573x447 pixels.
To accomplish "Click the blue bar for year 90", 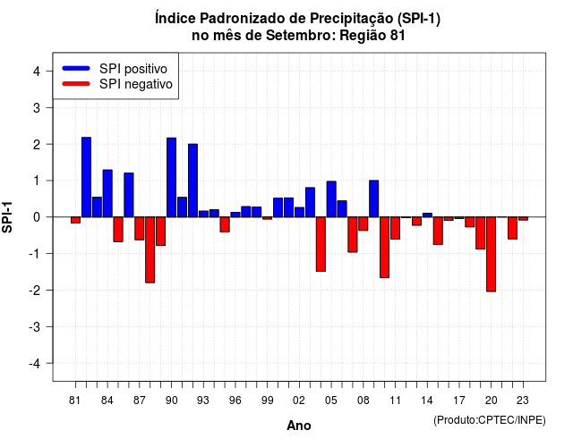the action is (171, 177).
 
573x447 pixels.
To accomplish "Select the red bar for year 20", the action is (492, 254).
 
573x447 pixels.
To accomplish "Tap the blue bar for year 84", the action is (107, 193).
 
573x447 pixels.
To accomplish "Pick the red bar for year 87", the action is (140, 229).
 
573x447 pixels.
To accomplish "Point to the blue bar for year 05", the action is (331, 199).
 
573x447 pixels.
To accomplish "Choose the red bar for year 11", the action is (396, 228).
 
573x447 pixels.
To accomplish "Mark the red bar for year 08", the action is (363, 223).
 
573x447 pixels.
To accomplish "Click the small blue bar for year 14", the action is (427, 215).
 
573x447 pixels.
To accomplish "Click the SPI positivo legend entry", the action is (115, 69).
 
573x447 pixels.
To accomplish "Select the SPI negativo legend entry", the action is (117, 84).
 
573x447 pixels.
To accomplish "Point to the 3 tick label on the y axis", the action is (37, 107).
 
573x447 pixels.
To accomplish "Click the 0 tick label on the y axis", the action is (37, 217).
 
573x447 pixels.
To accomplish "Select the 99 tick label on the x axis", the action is (268, 401).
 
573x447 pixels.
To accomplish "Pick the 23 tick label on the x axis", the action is (523, 401).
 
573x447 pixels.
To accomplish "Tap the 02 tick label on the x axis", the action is (299, 401).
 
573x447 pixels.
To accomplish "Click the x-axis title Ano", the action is (299, 426).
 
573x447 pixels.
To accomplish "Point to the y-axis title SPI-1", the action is (7, 217).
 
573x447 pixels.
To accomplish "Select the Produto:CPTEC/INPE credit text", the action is (490, 420).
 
